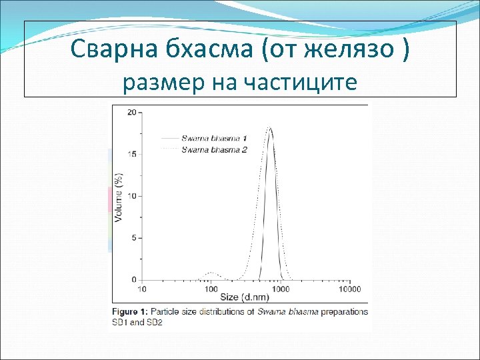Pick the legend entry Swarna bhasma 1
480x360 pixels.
214,139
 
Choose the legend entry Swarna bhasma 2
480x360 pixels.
214,149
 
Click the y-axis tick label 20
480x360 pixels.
133,112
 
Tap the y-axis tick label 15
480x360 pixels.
133,154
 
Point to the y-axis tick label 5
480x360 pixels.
135,237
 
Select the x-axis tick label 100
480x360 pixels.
211,289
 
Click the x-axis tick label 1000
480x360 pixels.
281,289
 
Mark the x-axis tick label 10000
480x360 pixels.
349,289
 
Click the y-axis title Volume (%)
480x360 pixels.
119,197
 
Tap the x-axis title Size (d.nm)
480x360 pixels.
245,297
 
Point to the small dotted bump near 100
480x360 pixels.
211,273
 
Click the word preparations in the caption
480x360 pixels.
343,311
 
